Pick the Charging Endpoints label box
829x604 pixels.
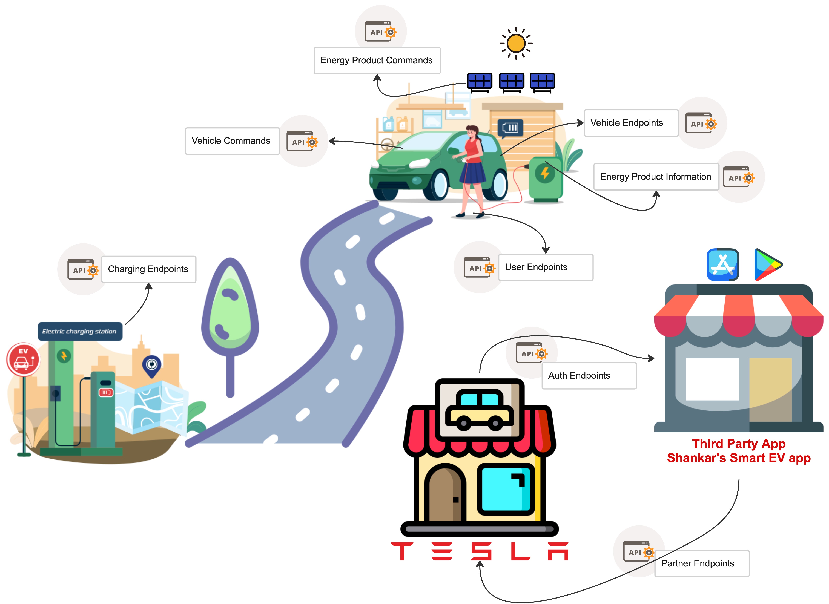point(148,269)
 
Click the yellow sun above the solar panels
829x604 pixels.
point(516,43)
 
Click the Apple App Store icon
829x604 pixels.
point(723,265)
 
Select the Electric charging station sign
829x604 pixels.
point(80,331)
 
